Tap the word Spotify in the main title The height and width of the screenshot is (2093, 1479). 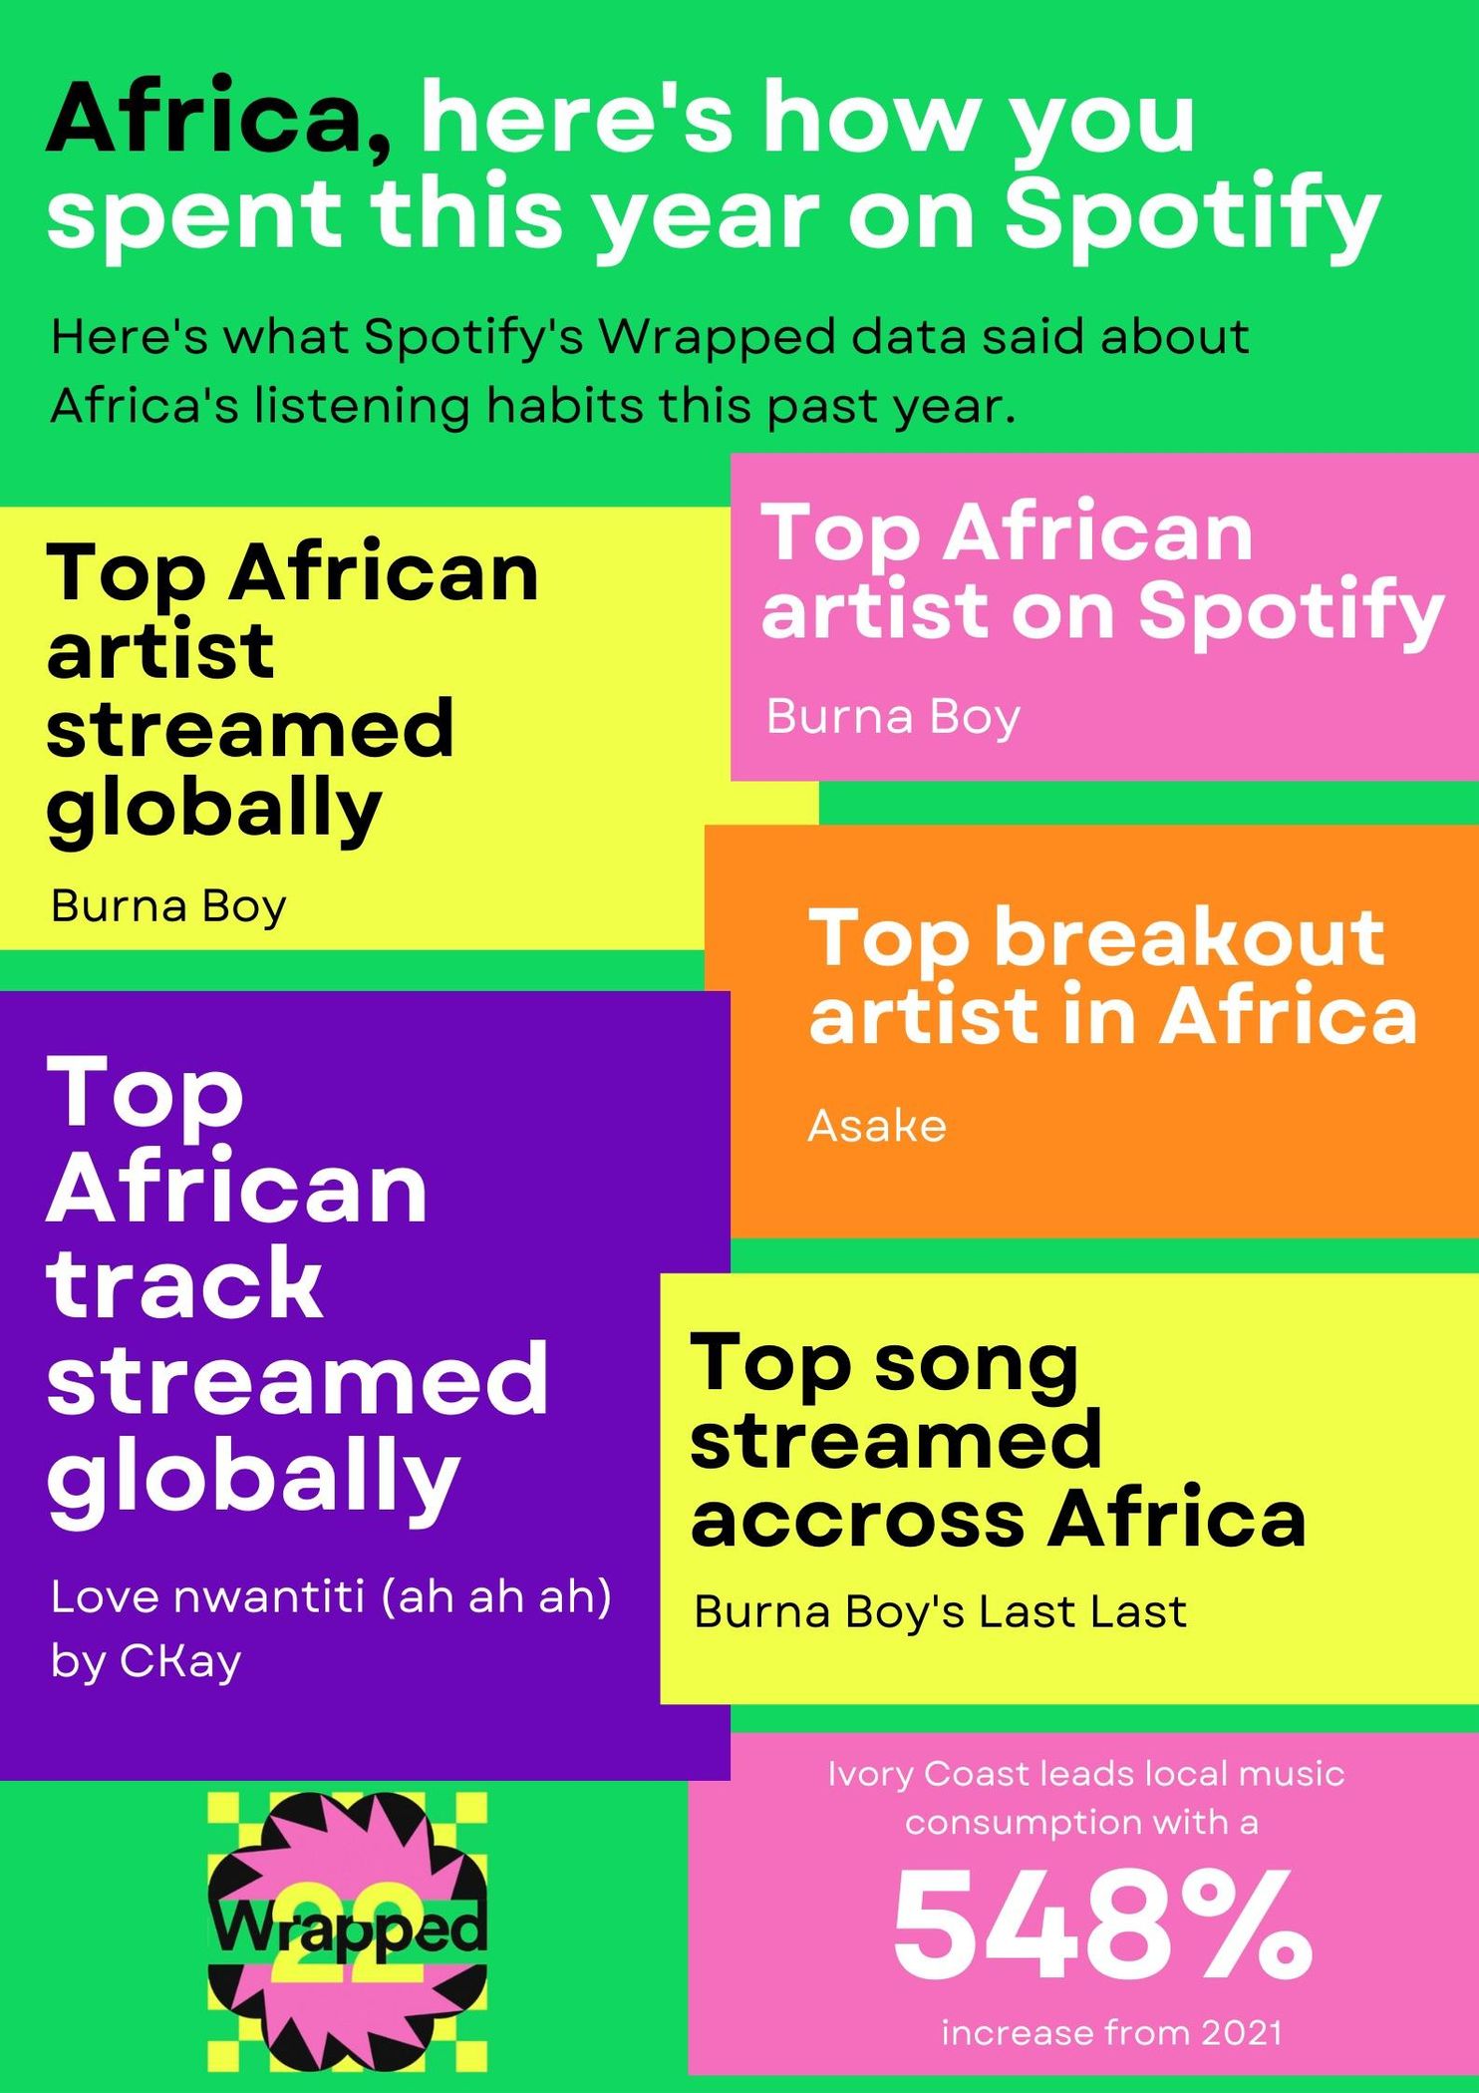(1192, 215)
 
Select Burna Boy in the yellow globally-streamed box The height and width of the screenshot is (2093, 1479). (168, 907)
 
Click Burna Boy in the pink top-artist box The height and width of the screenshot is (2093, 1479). (893, 718)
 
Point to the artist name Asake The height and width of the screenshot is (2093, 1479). (877, 1126)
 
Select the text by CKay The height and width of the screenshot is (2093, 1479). (146, 1662)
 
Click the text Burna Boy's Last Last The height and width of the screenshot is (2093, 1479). (940, 1611)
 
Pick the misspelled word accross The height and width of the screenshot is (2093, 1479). (858, 1521)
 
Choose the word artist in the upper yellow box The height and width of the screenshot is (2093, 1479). (160, 650)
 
